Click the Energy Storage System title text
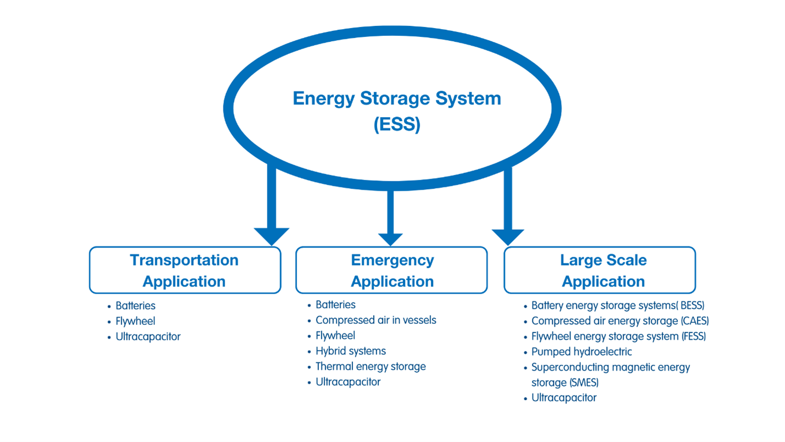tap(396, 99)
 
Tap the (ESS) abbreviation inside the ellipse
tap(396, 124)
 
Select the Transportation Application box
tap(184, 270)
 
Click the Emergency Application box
tap(392, 270)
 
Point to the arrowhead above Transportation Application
tap(271, 236)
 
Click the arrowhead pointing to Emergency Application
tap(390, 239)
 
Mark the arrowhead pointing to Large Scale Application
tap(508, 236)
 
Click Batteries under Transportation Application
tap(135, 306)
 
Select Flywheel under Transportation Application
tap(135, 321)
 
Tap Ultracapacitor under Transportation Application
tap(148, 336)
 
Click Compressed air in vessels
tap(375, 320)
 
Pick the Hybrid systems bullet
tap(350, 351)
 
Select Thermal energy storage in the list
tap(371, 366)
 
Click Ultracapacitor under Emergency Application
tap(347, 382)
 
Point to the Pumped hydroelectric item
tap(581, 352)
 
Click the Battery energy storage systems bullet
tap(617, 306)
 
